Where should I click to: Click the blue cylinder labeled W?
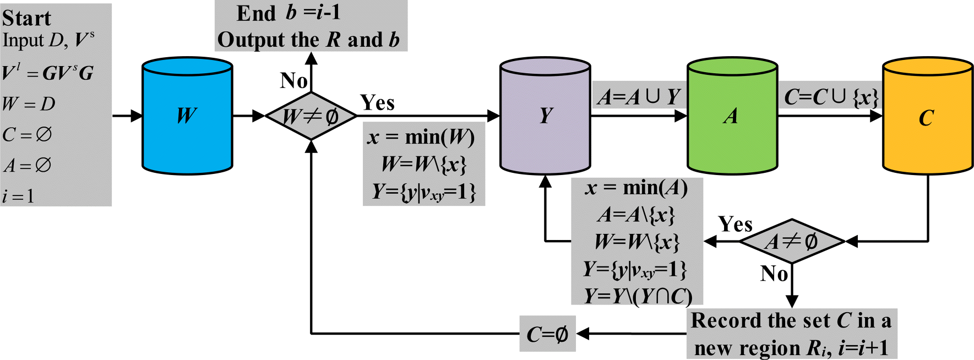pyautogui.click(x=187, y=116)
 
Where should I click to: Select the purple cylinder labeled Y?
pyautogui.click(x=545, y=116)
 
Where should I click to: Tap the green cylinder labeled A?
pyautogui.click(x=732, y=116)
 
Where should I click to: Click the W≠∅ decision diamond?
pyautogui.click(x=311, y=116)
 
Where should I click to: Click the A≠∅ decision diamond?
pyautogui.click(x=791, y=241)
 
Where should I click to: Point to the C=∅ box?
pyautogui.click(x=547, y=334)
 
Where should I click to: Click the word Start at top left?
pyautogui.click(x=26, y=18)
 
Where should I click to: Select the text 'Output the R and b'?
pyautogui.click(x=308, y=40)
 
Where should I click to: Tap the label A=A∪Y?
pyautogui.click(x=639, y=97)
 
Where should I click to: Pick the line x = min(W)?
pyautogui.click(x=422, y=137)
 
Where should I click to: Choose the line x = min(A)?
pyautogui.click(x=636, y=188)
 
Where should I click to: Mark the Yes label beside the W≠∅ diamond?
pyautogui.click(x=377, y=102)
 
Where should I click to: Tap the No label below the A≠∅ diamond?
pyautogui.click(x=774, y=273)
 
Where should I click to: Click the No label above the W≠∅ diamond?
pyautogui.click(x=293, y=80)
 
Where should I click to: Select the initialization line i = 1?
pyautogui.click(x=19, y=195)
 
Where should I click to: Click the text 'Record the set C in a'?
pyautogui.click(x=791, y=320)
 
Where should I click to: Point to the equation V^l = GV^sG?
pyautogui.click(x=47, y=73)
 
